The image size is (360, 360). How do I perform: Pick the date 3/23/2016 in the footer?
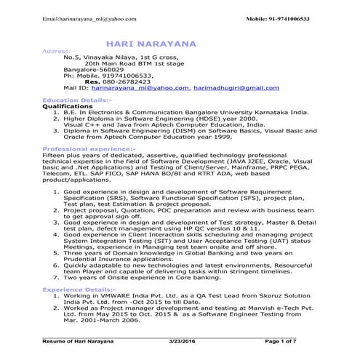coord(182,341)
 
